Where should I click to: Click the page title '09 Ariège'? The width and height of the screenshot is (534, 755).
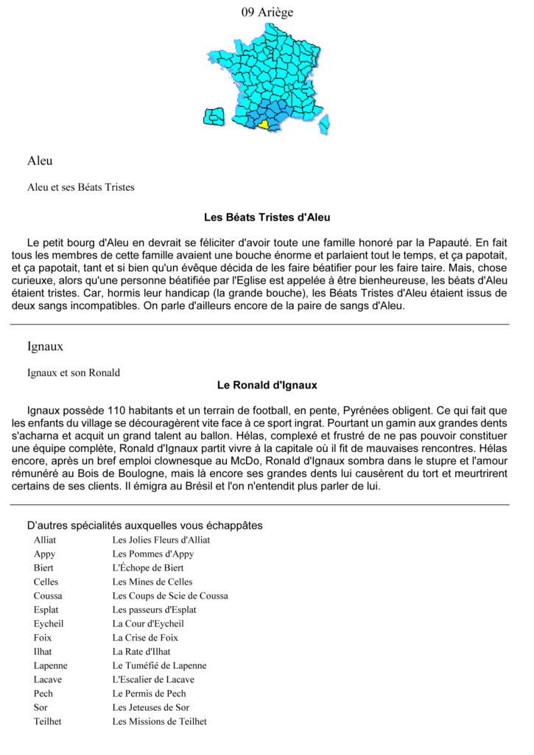pyautogui.click(x=267, y=12)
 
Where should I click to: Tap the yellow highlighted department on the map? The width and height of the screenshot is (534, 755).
pyautogui.click(x=264, y=125)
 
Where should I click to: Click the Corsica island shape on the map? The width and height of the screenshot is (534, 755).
pyautogui.click(x=324, y=125)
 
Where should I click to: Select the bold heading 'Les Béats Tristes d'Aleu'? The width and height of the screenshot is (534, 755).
pyautogui.click(x=267, y=218)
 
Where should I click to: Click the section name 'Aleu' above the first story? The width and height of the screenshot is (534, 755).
pyautogui.click(x=40, y=161)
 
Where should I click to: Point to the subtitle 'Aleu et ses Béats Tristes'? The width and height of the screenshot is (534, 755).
pyautogui.click(x=81, y=187)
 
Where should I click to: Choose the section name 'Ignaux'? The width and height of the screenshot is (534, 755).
pyautogui.click(x=44, y=345)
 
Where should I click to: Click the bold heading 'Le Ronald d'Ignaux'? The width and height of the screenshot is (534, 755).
pyautogui.click(x=267, y=385)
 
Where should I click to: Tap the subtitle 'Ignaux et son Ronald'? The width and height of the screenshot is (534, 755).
pyautogui.click(x=74, y=372)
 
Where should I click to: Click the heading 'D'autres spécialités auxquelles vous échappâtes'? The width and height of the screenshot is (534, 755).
pyautogui.click(x=144, y=526)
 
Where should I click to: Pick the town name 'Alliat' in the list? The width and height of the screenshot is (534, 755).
pyautogui.click(x=45, y=540)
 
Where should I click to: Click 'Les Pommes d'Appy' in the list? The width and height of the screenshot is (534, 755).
pyautogui.click(x=153, y=554)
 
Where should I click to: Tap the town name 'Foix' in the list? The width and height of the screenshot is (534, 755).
pyautogui.click(x=43, y=638)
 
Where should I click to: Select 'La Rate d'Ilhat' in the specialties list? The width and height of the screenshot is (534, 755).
pyautogui.click(x=141, y=652)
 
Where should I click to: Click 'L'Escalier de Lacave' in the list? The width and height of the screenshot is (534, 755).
pyautogui.click(x=153, y=679)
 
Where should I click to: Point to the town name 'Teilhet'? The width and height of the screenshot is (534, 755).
pyautogui.click(x=48, y=721)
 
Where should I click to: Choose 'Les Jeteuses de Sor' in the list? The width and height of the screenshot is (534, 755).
pyautogui.click(x=151, y=707)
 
